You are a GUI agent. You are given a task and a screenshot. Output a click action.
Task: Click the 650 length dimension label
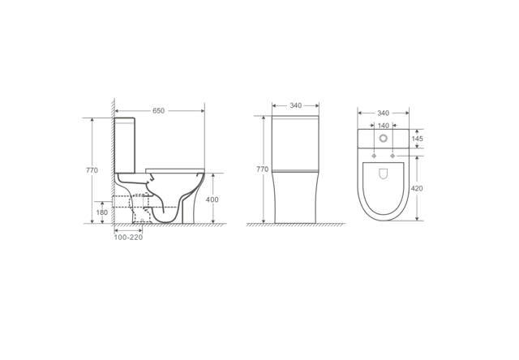[159, 111]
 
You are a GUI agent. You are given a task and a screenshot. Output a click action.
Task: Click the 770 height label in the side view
[92, 170]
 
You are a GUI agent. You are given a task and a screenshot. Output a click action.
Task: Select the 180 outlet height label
[102, 212]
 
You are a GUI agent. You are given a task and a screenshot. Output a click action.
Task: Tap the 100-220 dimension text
[128, 238]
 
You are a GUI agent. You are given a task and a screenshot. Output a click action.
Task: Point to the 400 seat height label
[212, 199]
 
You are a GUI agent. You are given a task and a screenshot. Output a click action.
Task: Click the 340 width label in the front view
[295, 105]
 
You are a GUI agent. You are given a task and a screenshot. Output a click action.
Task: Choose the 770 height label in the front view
[263, 169]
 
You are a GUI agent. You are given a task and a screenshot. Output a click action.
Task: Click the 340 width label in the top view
[384, 114]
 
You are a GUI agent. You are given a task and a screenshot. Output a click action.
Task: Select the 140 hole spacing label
[384, 126]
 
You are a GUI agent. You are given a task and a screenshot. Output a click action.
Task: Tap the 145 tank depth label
[417, 139]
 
